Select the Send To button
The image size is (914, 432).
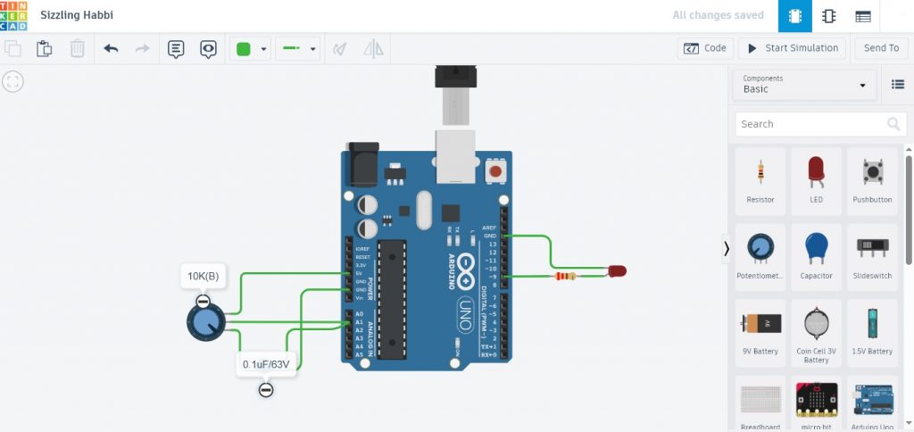pos(881,48)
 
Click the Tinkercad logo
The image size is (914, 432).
pos(14,15)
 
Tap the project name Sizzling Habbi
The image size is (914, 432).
pos(77,15)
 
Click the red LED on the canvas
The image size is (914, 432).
pos(617,270)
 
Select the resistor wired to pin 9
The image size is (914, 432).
pos(565,277)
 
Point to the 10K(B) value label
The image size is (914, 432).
pos(204,277)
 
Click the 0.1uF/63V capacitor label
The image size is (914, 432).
pos(266,364)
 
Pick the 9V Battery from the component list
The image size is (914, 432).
pos(760,328)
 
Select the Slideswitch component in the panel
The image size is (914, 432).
pos(872,253)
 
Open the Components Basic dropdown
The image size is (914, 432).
pos(804,84)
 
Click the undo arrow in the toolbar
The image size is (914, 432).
pos(111,48)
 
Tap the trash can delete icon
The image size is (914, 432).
pos(78,48)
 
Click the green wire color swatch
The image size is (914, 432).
pos(242,48)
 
